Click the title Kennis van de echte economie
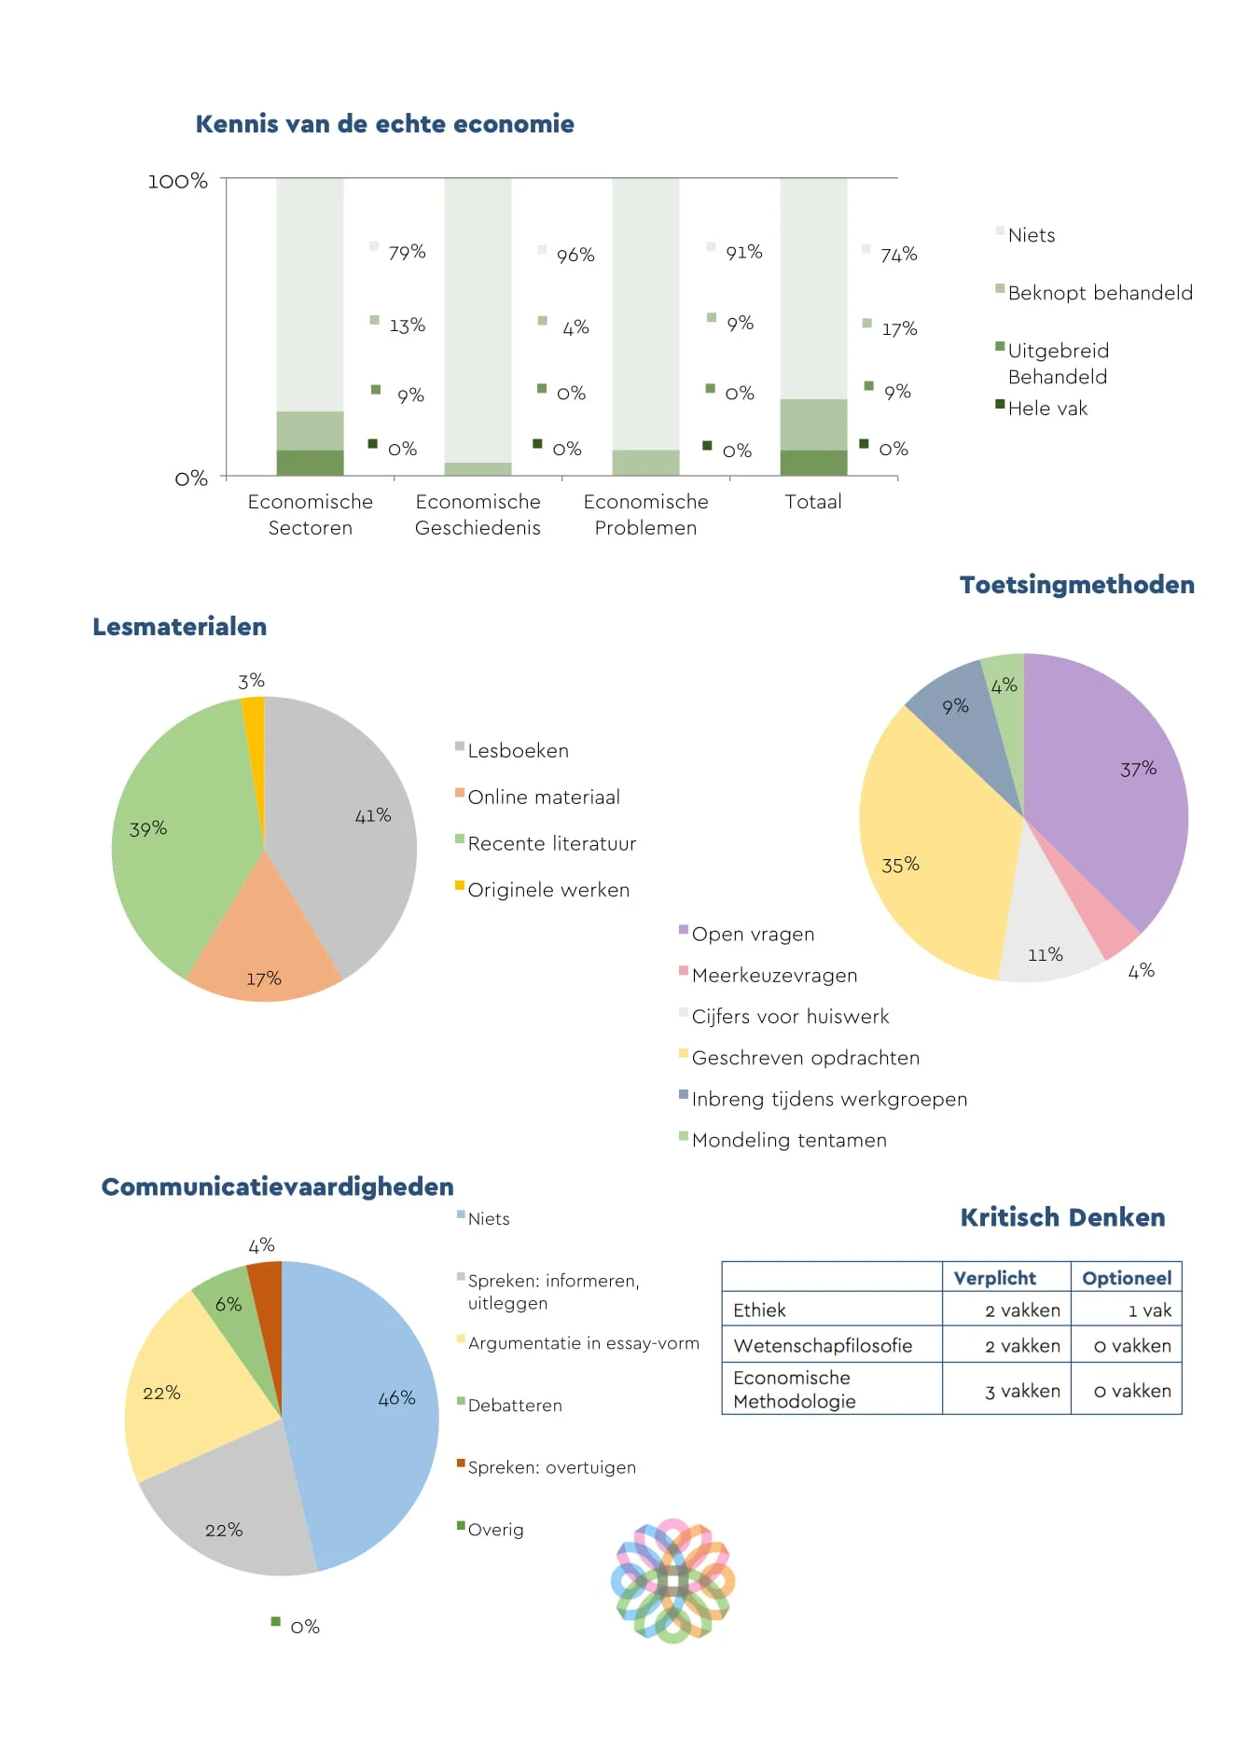click(x=384, y=124)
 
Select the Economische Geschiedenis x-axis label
click(x=478, y=514)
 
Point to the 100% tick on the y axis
click(x=177, y=181)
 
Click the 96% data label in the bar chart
click(x=575, y=255)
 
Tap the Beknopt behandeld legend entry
click(x=1100, y=293)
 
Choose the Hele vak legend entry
click(x=1046, y=409)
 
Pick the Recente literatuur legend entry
click(x=551, y=843)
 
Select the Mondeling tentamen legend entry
click(x=788, y=1140)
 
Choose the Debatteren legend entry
click(x=514, y=1406)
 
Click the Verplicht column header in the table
click(x=994, y=1278)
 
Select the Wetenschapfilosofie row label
click(x=823, y=1345)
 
